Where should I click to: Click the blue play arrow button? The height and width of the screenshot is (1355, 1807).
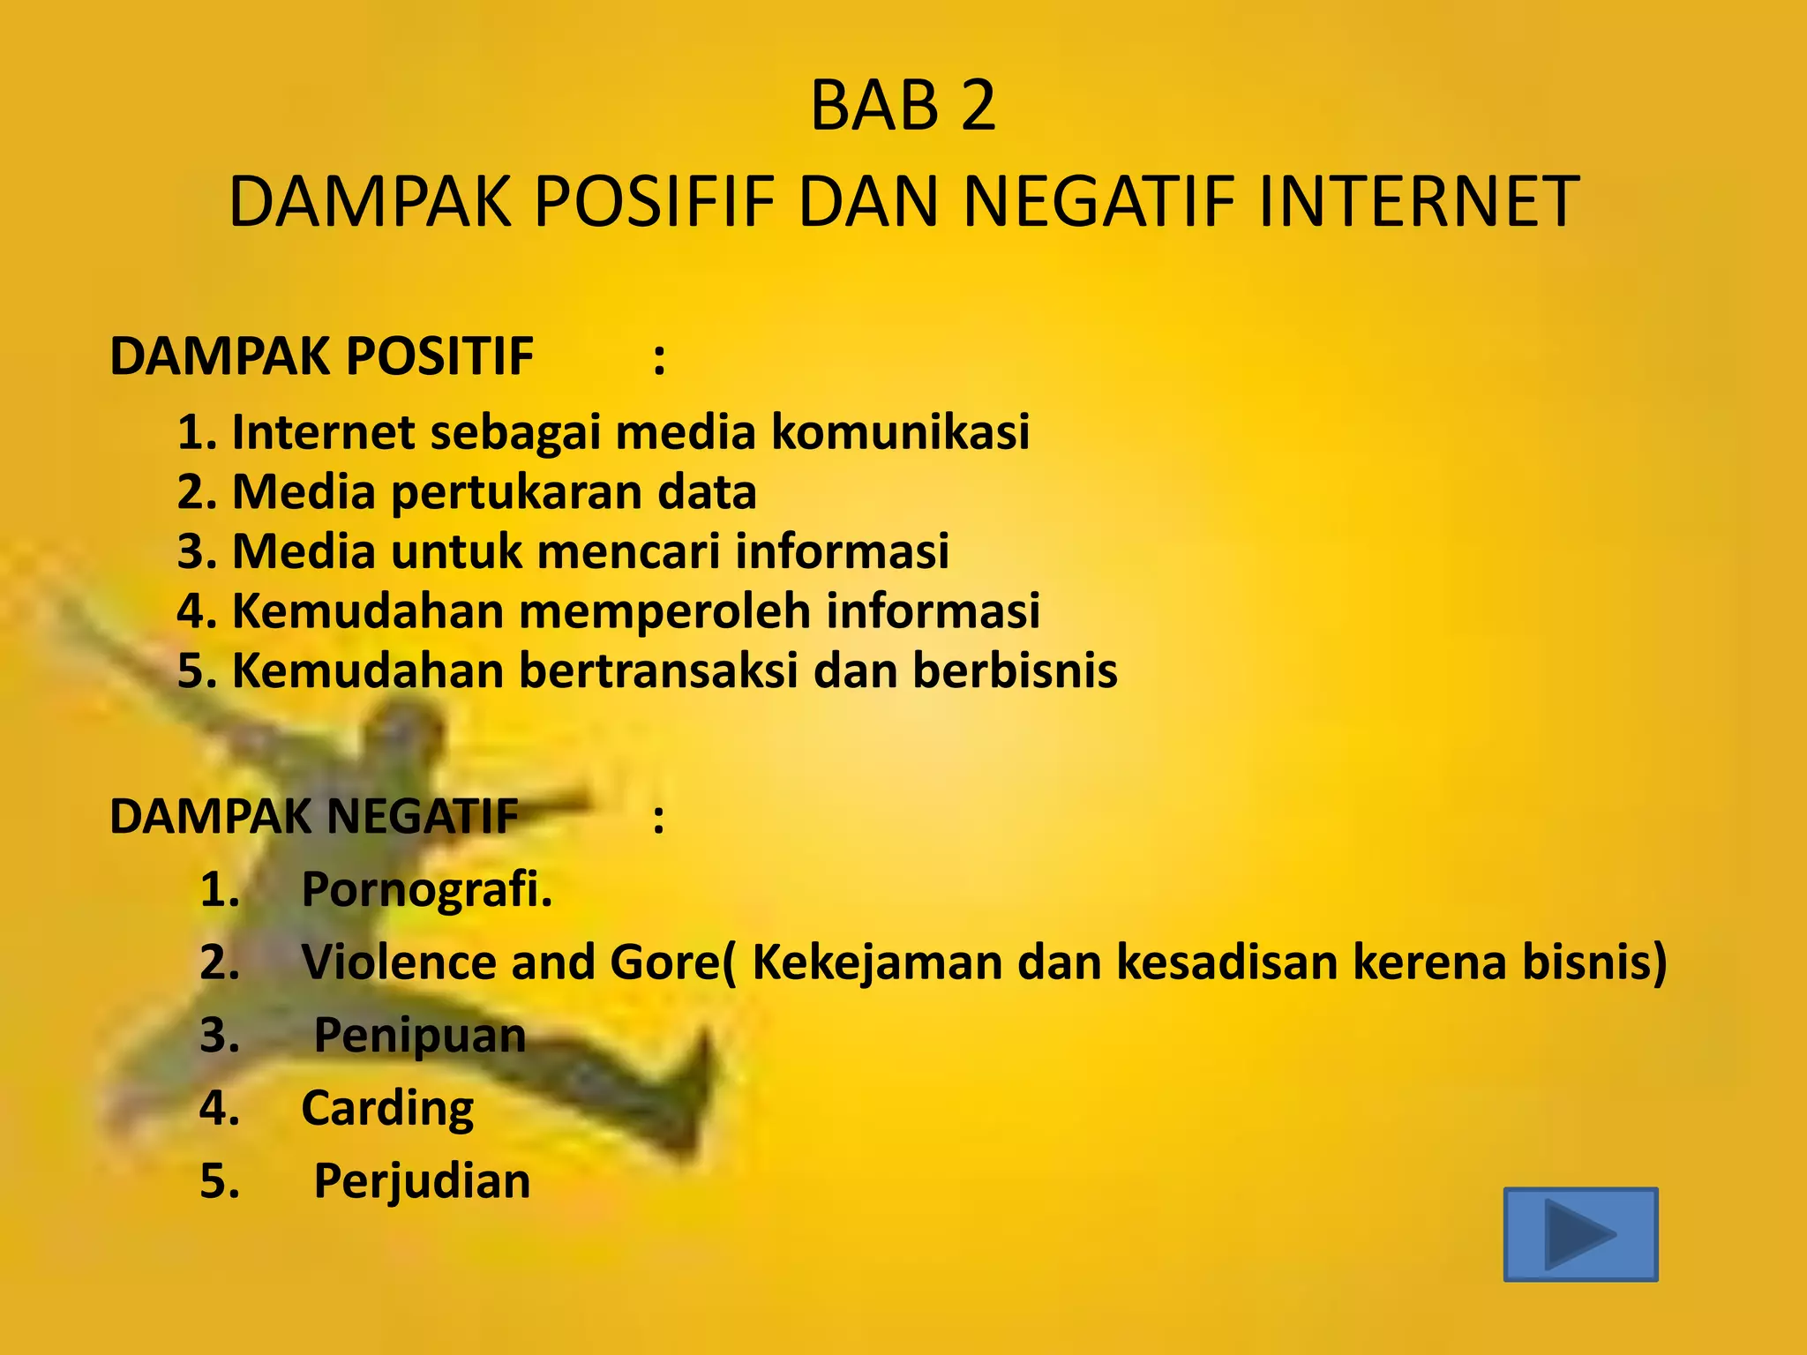point(1580,1233)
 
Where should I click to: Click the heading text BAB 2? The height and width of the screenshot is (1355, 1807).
point(903,107)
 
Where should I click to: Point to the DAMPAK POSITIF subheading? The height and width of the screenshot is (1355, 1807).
point(321,356)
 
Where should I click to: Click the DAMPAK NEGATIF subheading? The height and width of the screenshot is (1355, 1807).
point(314,816)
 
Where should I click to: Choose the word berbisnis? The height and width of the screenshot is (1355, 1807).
point(1015,670)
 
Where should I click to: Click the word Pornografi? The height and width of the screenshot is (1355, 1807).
point(427,889)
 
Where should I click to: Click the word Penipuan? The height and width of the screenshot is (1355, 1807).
point(420,1035)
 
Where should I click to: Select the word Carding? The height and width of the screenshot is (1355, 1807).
point(387,1108)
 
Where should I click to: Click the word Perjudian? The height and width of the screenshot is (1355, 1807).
point(422,1181)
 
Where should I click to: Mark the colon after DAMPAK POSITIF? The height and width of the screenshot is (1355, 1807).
point(659,360)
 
